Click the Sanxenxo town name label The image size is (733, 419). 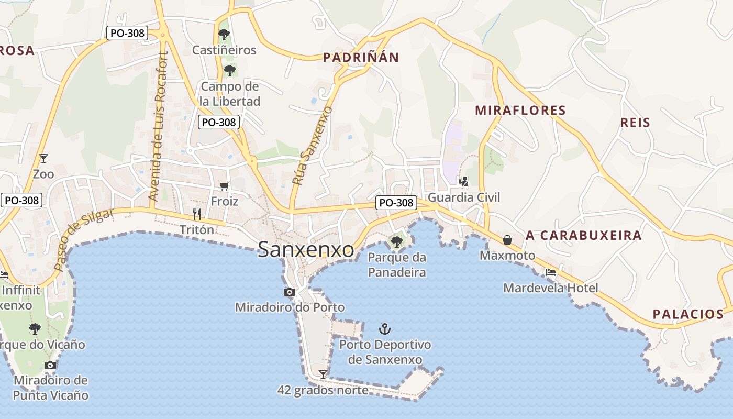(306, 250)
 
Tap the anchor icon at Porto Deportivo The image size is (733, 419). (385, 329)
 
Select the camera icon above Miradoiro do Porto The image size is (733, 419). (289, 292)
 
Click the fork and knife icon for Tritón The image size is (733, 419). (197, 214)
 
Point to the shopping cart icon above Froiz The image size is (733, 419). (225, 186)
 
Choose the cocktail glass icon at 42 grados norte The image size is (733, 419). (323, 374)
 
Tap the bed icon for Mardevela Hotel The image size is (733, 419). (550, 272)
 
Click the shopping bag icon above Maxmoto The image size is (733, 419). (507, 240)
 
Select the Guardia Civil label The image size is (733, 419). (464, 197)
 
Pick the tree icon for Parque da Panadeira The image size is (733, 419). (397, 241)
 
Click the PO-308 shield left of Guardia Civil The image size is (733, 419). (396, 203)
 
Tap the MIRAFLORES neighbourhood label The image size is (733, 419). (520, 111)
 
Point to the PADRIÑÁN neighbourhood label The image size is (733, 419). (361, 58)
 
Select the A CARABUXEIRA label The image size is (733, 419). (583, 235)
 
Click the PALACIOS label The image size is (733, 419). (688, 314)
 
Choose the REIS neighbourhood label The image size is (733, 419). (635, 123)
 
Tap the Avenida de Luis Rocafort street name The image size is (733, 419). (158, 127)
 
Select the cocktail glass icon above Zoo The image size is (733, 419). (43, 158)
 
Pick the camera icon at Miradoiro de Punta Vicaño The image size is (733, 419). (50, 365)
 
